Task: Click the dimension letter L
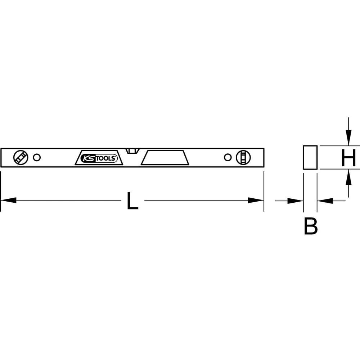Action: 132,201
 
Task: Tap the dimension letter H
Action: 348,158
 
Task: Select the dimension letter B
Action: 311,226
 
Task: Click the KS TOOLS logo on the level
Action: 99,158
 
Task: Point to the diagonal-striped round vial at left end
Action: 21,158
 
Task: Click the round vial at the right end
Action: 243,158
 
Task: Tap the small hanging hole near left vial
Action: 37,158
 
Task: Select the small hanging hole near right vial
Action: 228,158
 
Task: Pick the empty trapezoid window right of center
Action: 165,158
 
